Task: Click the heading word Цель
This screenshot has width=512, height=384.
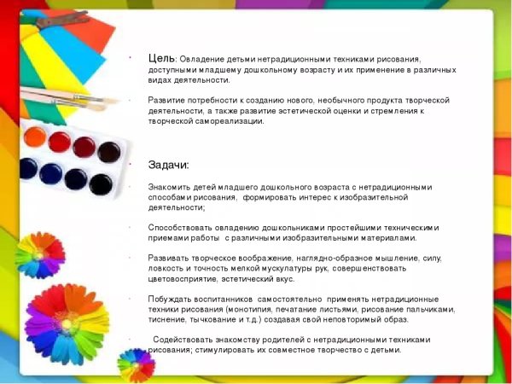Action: coord(162,57)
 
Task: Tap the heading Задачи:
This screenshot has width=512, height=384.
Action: coord(169,165)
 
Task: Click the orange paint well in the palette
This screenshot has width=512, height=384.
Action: coord(35,136)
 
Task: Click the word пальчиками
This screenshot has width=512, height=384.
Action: coord(432,309)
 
